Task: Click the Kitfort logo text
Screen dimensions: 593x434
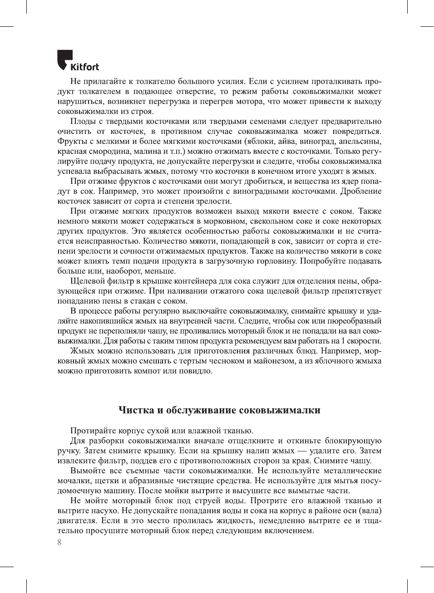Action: click(84, 67)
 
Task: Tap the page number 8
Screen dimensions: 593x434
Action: click(59, 542)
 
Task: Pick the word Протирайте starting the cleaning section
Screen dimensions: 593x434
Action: click(92, 431)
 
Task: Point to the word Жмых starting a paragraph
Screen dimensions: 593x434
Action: click(82, 351)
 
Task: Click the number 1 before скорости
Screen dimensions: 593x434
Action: click(343, 341)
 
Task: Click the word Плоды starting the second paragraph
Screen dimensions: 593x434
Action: click(82, 121)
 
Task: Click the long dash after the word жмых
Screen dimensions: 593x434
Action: click(302, 451)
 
